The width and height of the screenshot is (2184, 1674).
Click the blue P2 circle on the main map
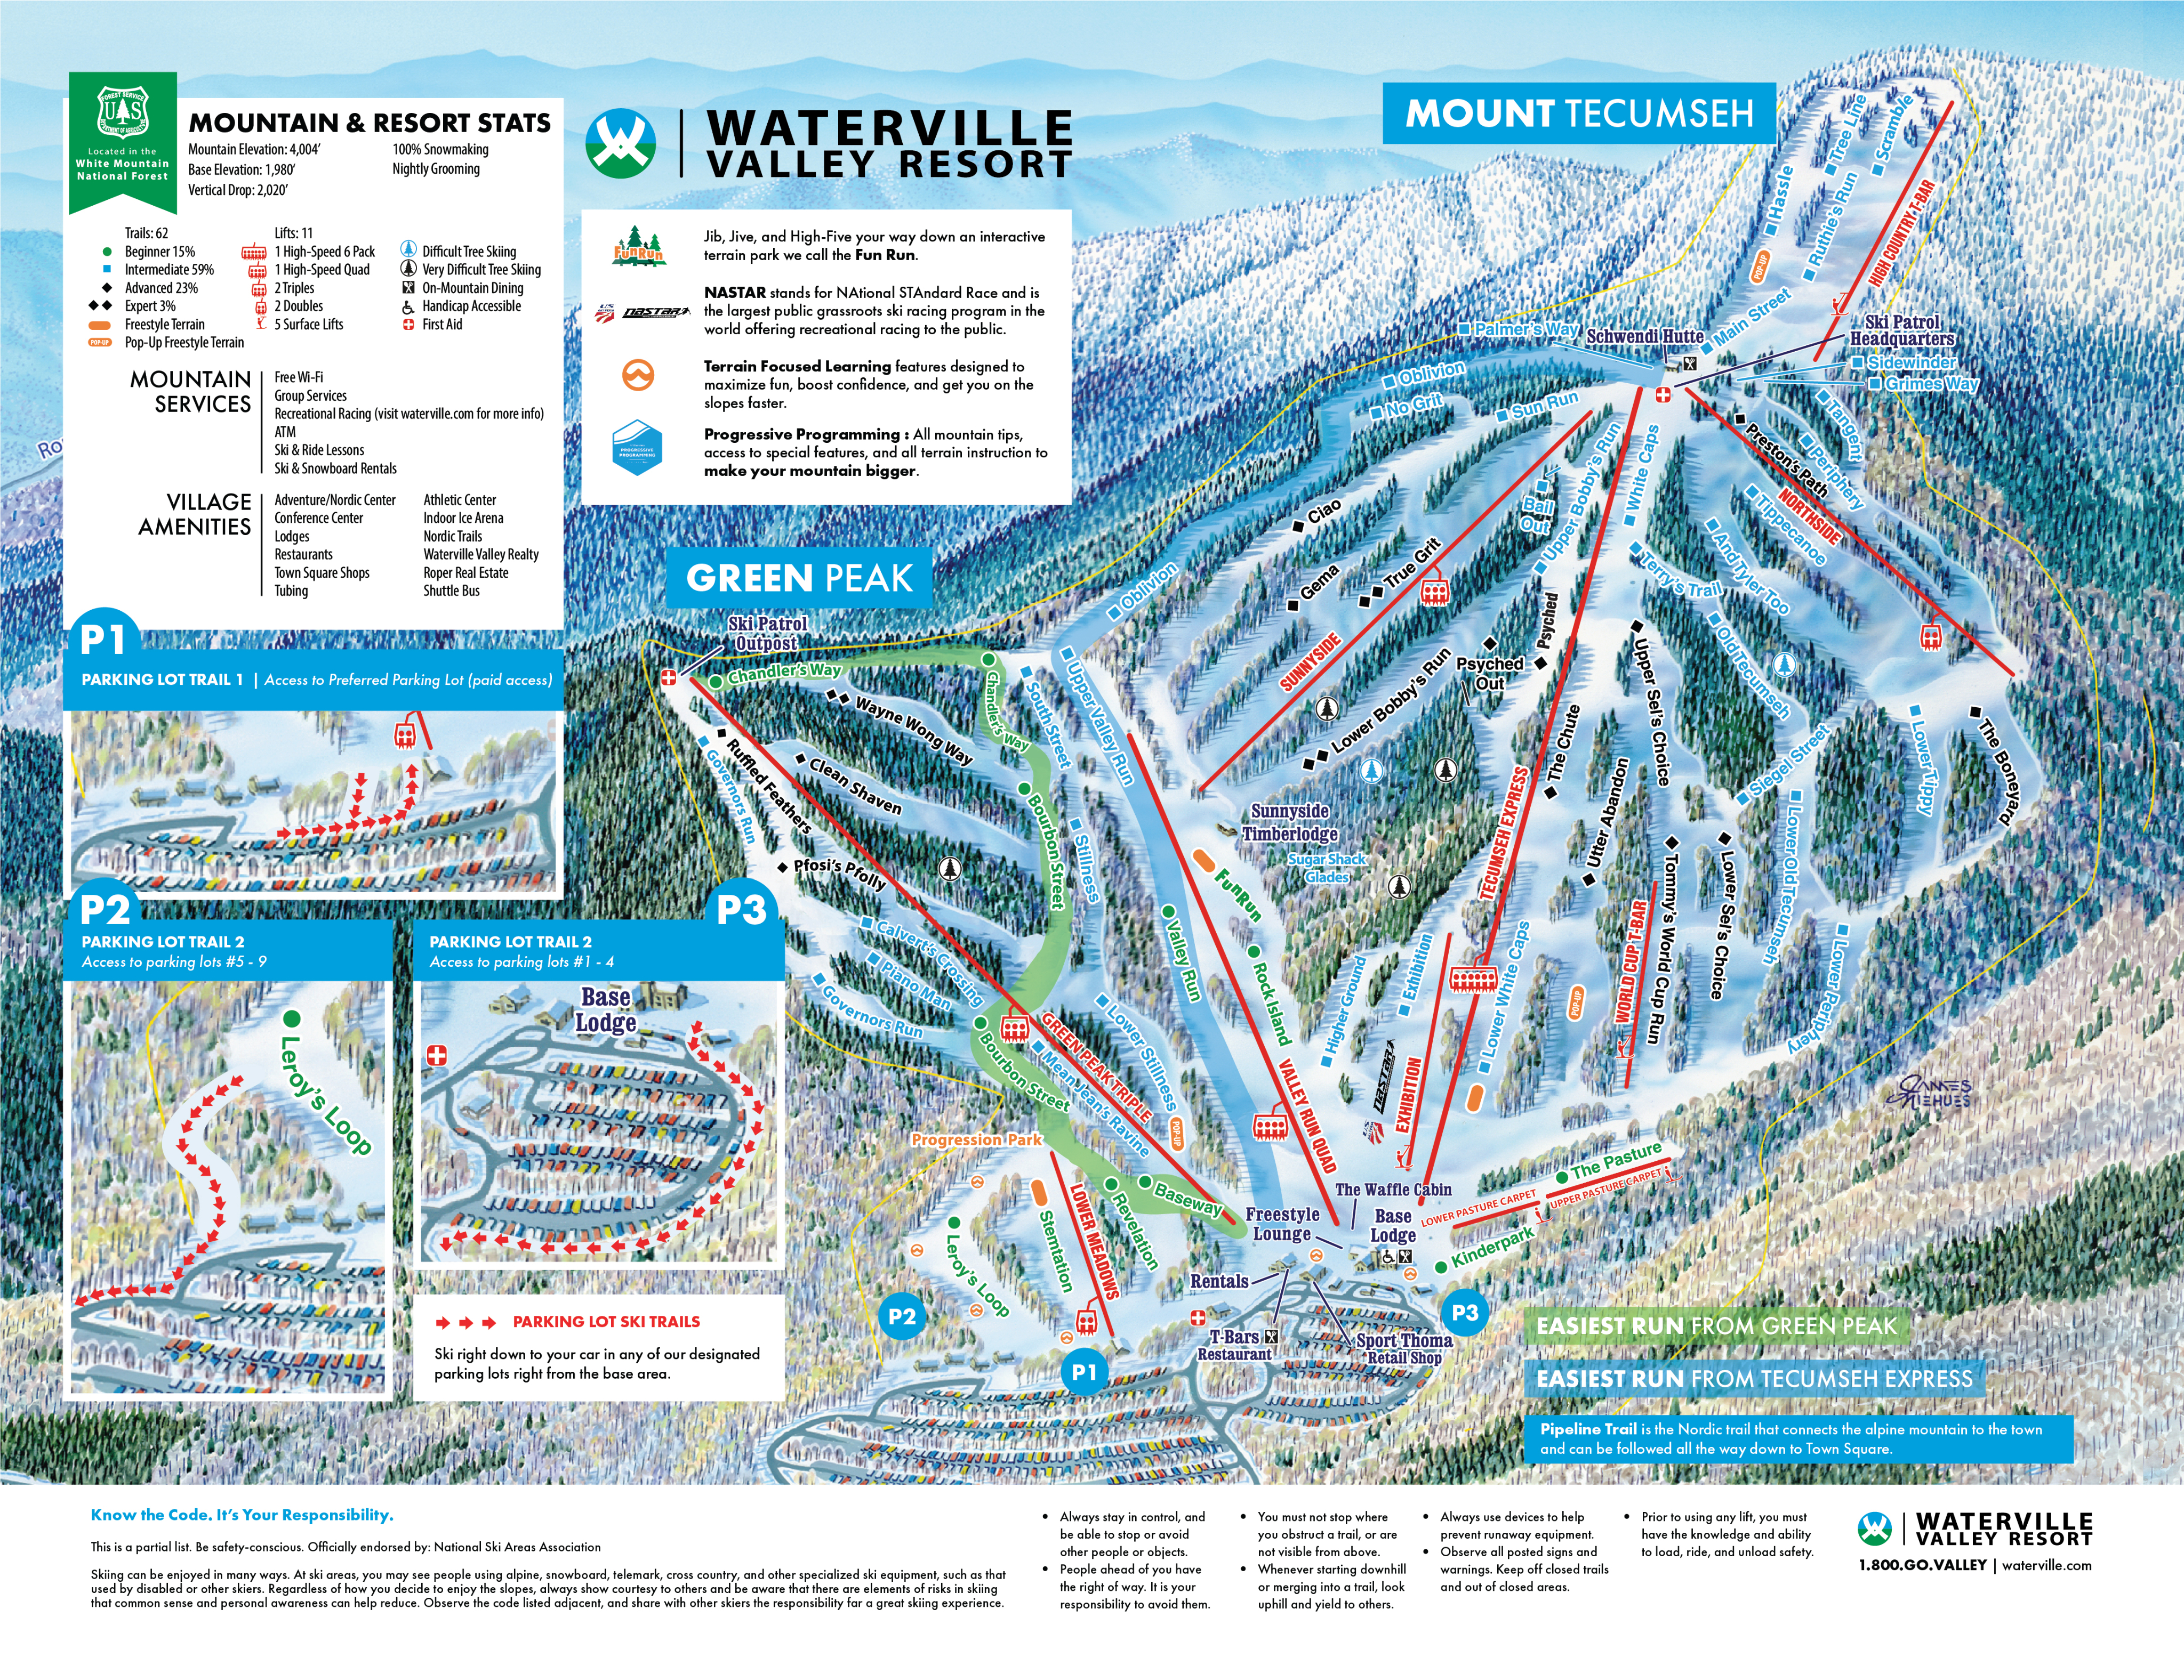click(x=901, y=1316)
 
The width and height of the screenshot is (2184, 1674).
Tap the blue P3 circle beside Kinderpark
click(x=1464, y=1312)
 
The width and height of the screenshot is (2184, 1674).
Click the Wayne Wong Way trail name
click(x=913, y=730)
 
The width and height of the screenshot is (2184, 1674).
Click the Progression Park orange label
click(x=976, y=1139)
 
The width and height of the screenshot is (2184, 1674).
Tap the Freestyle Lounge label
click(x=1282, y=1224)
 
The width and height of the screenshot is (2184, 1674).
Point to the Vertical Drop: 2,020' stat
click(x=238, y=189)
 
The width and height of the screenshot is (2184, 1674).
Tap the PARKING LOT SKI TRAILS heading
click(x=606, y=1321)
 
